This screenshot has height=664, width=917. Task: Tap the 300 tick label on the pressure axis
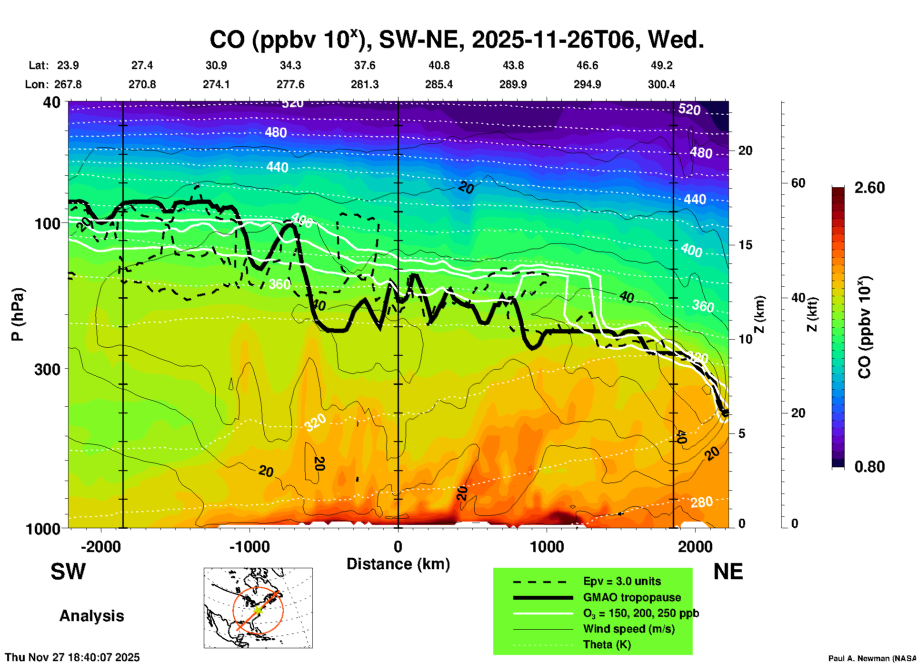pos(48,369)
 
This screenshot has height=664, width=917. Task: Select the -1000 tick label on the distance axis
pos(249,547)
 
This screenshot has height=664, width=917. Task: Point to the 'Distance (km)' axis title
pos(398,564)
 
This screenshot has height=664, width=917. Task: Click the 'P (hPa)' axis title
pos(18,314)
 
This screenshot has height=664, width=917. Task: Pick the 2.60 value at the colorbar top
pos(869,188)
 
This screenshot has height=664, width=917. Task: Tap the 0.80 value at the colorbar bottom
pos(869,467)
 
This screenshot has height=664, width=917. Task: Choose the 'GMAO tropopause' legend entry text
pos(632,597)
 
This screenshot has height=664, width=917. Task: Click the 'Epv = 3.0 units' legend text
pos(622,581)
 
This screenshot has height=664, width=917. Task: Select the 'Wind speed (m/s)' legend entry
pos(628,629)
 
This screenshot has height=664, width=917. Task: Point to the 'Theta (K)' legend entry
pos(607,644)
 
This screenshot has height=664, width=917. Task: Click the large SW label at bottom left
pos(68,572)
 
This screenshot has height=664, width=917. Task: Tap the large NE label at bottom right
pos(728,572)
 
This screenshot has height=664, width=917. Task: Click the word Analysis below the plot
pos(91,616)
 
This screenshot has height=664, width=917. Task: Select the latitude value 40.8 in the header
pos(439,65)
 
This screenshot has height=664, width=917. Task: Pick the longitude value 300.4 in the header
pos(661,84)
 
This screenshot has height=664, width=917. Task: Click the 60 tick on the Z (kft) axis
pos(798,183)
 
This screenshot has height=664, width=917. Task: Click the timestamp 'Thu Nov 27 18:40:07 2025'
pos(72,657)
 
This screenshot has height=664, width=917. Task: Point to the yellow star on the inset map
pos(258,610)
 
